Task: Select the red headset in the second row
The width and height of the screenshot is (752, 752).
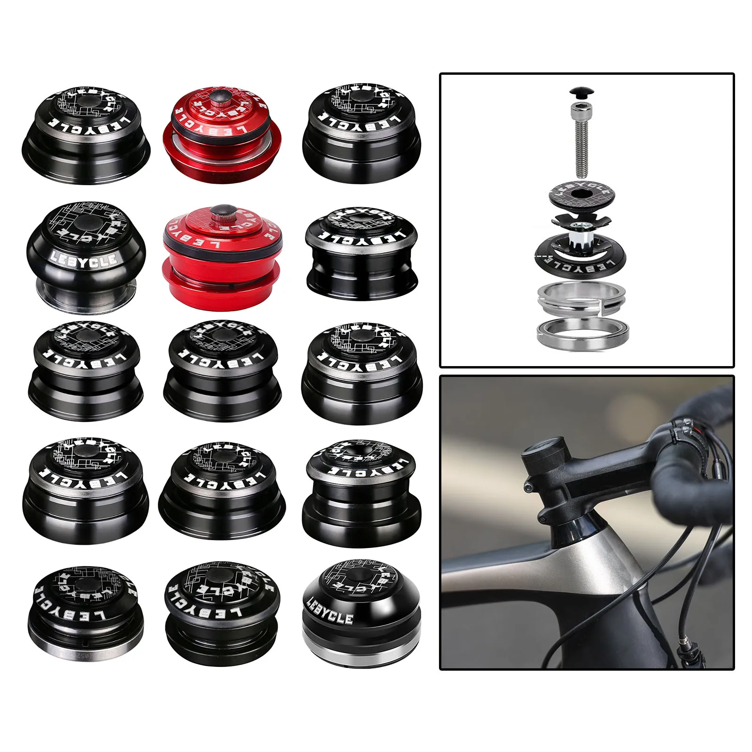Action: [x=222, y=256]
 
